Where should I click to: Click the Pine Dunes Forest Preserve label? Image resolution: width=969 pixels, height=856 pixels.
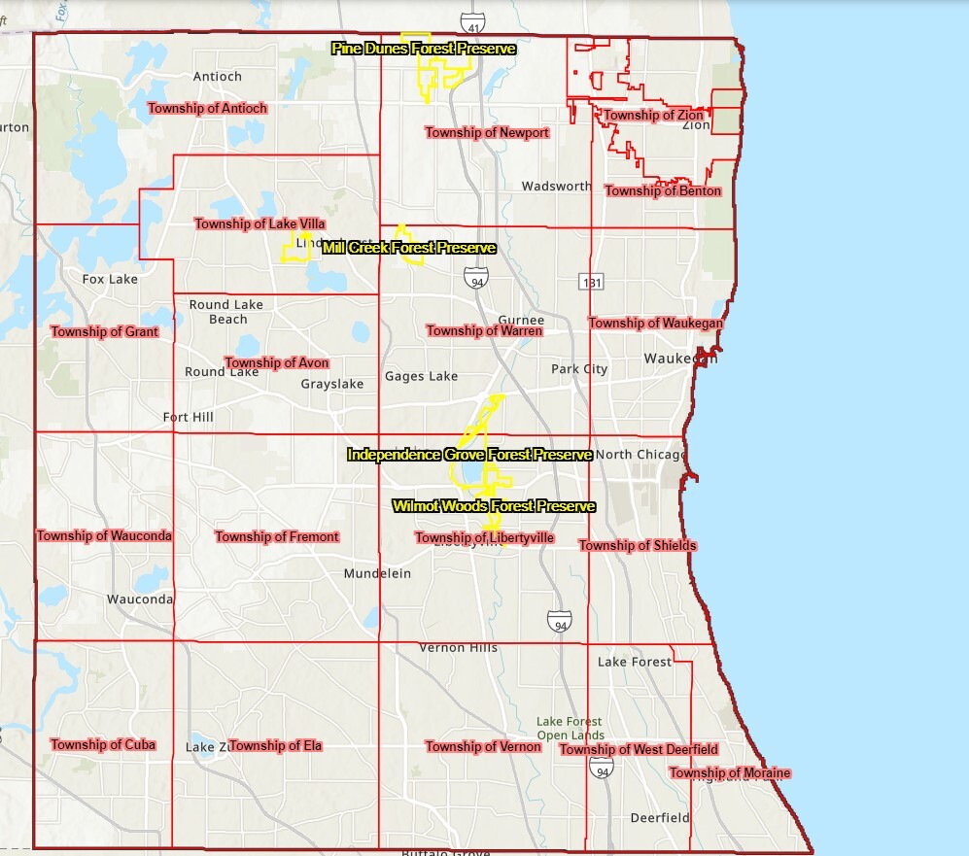(423, 48)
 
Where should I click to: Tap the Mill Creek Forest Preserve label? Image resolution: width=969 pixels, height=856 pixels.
(409, 249)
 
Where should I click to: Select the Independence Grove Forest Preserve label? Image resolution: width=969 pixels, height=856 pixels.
(469, 455)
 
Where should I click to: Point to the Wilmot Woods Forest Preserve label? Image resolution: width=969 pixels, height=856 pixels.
(493, 506)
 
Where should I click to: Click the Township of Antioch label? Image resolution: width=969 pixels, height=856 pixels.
(206, 108)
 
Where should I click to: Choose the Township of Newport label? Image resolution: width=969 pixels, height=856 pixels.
(487, 132)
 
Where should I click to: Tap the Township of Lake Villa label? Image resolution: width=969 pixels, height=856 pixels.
(260, 223)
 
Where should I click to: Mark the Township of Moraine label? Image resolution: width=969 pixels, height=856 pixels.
(729, 773)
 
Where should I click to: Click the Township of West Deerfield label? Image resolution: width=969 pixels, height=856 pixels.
(639, 749)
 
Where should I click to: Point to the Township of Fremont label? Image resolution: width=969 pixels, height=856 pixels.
(277, 536)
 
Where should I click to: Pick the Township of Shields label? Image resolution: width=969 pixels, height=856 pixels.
(638, 545)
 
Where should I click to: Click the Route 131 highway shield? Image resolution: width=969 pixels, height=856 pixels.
(592, 282)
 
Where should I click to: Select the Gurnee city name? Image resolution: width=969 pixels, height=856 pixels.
(521, 321)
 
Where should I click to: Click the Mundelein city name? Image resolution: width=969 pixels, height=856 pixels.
(377, 573)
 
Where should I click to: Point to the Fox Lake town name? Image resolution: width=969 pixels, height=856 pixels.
(110, 279)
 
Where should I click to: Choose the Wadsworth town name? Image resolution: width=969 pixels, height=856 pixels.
(556, 186)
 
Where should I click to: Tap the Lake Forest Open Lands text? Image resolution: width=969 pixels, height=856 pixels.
(570, 728)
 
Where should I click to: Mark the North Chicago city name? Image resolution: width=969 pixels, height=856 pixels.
(640, 455)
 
